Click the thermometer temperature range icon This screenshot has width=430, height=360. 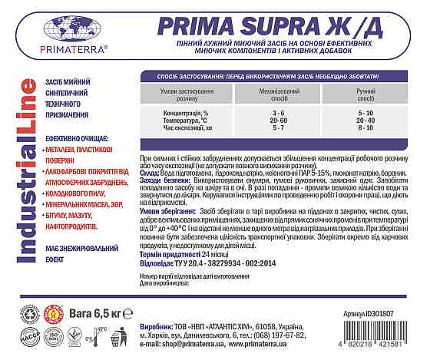pos(96,335)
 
